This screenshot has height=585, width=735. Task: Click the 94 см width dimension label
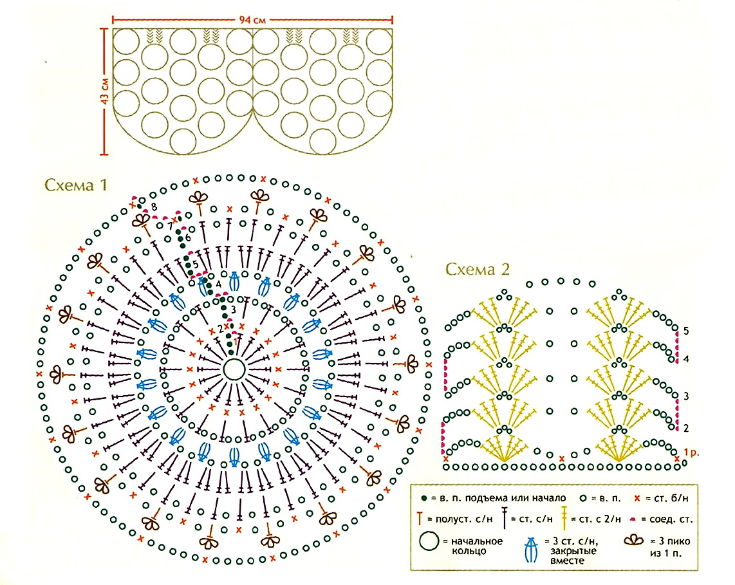click(x=252, y=20)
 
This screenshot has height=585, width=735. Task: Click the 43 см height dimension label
click(x=104, y=91)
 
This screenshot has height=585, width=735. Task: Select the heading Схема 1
click(x=76, y=185)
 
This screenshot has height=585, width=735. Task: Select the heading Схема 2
click(x=477, y=269)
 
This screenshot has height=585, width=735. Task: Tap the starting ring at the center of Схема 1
click(x=234, y=370)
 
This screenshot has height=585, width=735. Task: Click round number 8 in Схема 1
click(x=154, y=207)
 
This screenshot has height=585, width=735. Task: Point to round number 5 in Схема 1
click(x=196, y=265)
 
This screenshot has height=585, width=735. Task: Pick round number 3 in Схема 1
click(x=234, y=310)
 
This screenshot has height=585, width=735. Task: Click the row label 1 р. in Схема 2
click(x=691, y=452)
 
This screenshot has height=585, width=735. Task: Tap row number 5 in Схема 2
click(x=686, y=331)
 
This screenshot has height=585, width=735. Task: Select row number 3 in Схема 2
click(x=686, y=396)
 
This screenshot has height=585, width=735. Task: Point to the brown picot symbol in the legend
click(x=634, y=541)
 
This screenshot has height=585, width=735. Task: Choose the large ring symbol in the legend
click(x=429, y=541)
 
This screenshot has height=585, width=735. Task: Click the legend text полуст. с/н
click(x=464, y=519)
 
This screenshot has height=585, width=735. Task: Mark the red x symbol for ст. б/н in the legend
click(x=637, y=498)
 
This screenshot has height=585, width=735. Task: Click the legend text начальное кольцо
click(x=477, y=546)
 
